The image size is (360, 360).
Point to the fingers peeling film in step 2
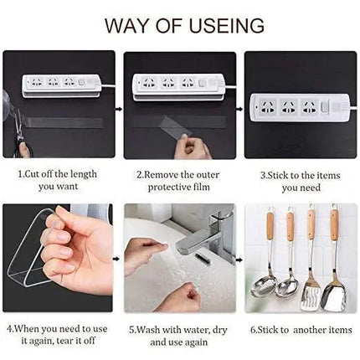click(195, 149)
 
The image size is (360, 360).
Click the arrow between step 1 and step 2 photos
click(119, 108)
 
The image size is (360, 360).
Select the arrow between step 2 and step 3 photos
click(239, 108)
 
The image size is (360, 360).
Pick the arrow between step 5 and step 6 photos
click(239, 260)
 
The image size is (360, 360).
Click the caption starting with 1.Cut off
click(58, 179)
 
